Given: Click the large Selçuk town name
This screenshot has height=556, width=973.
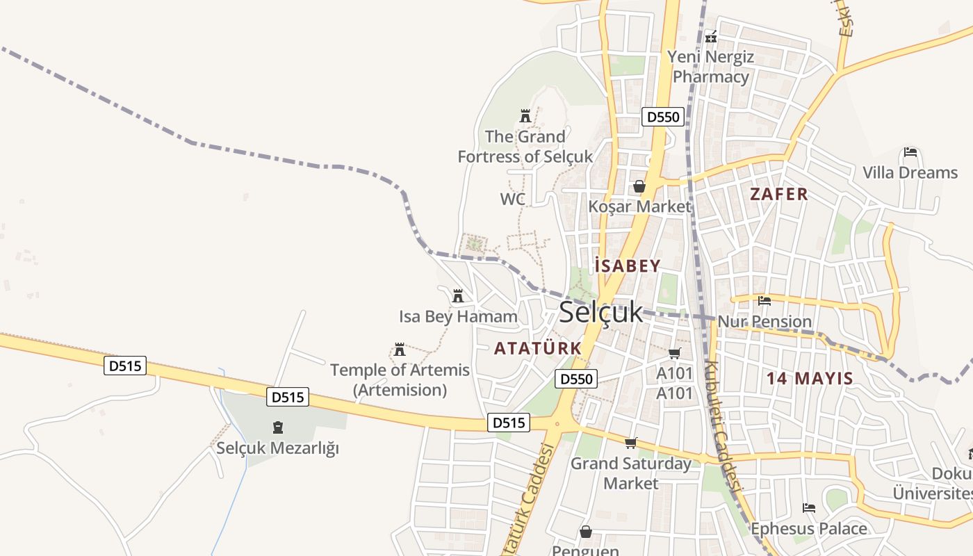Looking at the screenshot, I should pos(601,313).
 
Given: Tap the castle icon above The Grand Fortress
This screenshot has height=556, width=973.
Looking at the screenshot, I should pos(525,115).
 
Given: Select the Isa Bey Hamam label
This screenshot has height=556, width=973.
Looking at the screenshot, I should pos(458,317).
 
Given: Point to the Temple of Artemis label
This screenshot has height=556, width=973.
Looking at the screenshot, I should pos(400,379).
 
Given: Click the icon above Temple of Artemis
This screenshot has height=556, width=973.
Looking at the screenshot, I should pos(399,349).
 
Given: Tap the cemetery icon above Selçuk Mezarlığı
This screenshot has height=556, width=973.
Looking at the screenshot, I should pos(278,427).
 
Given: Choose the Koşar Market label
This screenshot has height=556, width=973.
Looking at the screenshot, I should pos(639,206).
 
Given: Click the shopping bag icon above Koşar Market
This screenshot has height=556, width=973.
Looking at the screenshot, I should pos(639,186).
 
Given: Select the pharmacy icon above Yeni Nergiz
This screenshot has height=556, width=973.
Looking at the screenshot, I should pos(710,37).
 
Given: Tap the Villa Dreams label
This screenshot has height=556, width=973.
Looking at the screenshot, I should pos(910,172).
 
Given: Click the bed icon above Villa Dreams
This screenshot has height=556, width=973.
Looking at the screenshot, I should pos(910,152).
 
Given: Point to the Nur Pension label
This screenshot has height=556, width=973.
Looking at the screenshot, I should pos(764,321).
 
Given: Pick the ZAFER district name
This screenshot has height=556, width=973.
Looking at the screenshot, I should pos(779,194).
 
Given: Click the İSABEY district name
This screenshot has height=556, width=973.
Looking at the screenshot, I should pos(628,265).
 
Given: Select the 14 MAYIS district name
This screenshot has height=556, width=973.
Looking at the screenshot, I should pos(810,379).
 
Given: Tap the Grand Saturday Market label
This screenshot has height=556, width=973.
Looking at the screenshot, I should pos(631,473).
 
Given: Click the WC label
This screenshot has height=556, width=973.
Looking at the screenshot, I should pos(512,199).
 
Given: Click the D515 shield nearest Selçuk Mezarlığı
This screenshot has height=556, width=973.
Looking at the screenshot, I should pos(288,398).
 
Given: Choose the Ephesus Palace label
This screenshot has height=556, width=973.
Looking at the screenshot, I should pos(809,529).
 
